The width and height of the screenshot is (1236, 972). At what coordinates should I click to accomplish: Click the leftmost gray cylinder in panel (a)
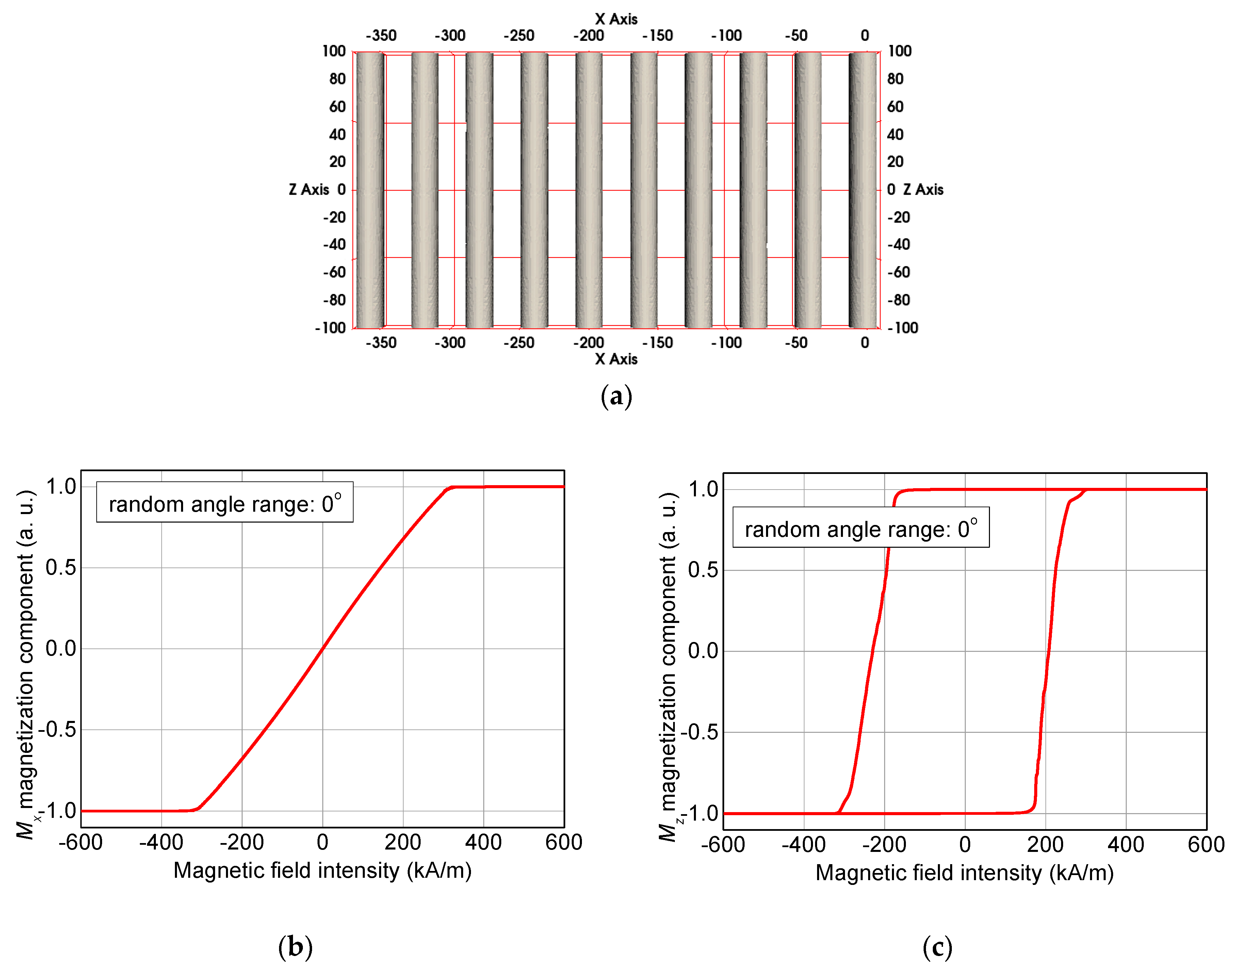tap(370, 190)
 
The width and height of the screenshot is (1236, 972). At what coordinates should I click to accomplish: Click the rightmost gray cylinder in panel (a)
tap(863, 190)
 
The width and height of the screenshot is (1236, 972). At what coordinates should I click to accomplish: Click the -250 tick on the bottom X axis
tap(519, 343)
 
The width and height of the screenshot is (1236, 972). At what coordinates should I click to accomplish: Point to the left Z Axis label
tap(309, 190)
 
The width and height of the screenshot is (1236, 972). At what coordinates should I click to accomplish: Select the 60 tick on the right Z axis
tap(895, 106)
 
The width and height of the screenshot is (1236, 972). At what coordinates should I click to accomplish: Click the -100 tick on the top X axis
tap(727, 35)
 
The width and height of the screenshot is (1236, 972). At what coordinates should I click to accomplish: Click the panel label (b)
tap(295, 946)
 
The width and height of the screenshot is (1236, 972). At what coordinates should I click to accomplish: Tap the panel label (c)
tap(937, 946)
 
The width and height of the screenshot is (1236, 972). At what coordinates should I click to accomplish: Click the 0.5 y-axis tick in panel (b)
tap(60, 567)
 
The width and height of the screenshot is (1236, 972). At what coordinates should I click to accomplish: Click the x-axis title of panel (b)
tap(322, 871)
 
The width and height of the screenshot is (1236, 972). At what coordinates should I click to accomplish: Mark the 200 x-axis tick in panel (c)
tap(1045, 844)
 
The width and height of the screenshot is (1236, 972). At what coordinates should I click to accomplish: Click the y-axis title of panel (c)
tap(667, 666)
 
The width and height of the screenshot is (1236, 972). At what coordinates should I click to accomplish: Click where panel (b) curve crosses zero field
tap(322, 648)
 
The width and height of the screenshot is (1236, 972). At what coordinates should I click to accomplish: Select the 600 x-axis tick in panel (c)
tap(1206, 844)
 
